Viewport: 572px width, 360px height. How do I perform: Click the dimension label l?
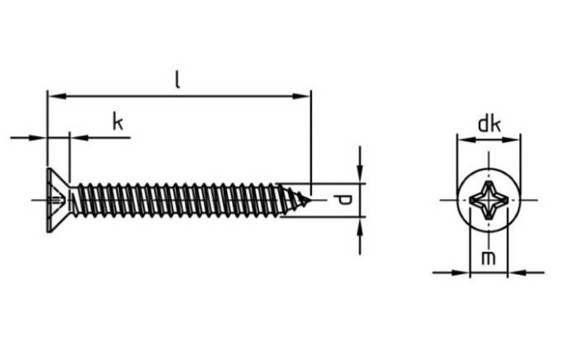[177, 80]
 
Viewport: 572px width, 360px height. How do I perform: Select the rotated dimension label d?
[343, 201]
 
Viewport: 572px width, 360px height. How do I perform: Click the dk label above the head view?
[489, 125]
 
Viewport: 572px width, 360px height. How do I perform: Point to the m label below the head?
[489, 258]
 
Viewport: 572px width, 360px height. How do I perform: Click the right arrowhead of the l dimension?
[301, 97]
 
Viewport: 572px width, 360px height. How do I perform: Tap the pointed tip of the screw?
[311, 200]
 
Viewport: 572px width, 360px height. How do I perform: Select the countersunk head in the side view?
[59, 201]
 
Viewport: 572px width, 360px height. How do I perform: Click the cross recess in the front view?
[489, 200]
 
